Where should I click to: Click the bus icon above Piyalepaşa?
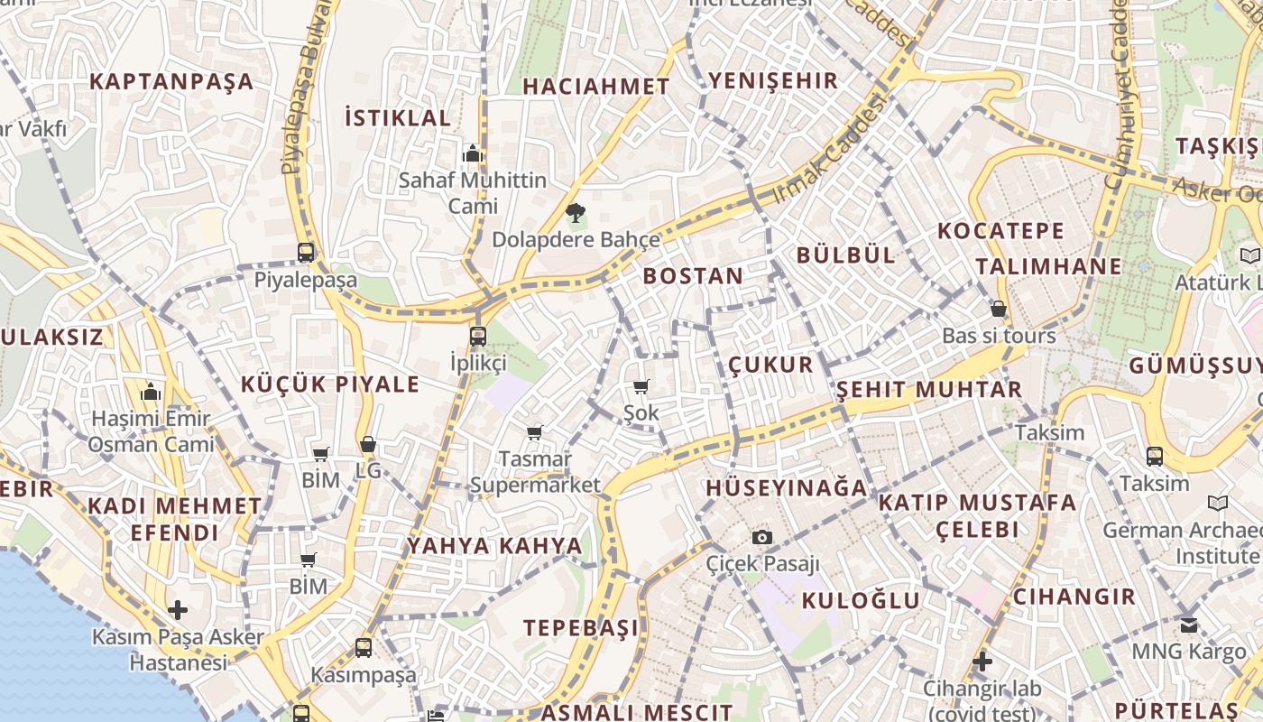tap(306, 253)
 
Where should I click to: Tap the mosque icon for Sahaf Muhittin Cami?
tap(473, 154)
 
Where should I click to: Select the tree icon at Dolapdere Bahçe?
tap(575, 213)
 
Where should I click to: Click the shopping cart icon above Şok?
tap(641, 387)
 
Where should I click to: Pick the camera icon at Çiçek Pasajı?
tap(762, 538)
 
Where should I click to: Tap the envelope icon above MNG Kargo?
tap(1189, 625)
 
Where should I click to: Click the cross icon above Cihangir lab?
tap(982, 662)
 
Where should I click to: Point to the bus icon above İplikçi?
tap(478, 337)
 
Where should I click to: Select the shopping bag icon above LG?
tap(368, 444)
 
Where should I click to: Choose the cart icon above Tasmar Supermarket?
tap(535, 433)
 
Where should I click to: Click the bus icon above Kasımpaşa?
tap(364, 647)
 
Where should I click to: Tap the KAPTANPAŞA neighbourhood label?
tap(171, 81)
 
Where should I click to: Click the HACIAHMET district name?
tap(596, 87)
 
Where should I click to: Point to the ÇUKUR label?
tap(771, 365)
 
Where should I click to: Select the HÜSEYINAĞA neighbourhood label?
tap(786, 488)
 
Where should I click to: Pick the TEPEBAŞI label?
tap(581, 627)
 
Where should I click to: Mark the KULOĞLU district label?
tap(862, 600)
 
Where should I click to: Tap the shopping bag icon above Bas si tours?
tap(999, 309)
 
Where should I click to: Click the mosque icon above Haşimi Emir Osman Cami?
tap(151, 393)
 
